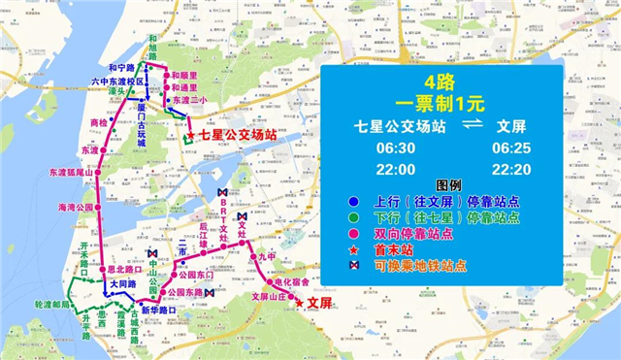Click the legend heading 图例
[447, 186]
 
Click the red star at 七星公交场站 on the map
[190, 136]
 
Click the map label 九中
[267, 257]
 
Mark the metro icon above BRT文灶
[225, 193]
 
